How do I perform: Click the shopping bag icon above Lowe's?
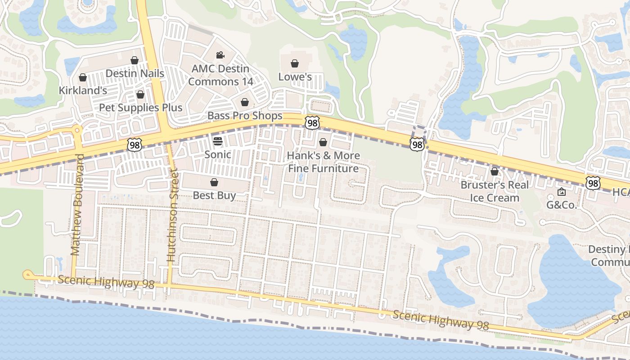[295, 63]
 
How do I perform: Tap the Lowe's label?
[295, 77]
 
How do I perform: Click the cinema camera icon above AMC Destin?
[220, 55]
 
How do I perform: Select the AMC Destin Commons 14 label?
[220, 75]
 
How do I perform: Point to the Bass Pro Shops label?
[245, 116]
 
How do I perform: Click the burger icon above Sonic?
[218, 141]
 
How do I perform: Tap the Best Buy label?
[214, 195]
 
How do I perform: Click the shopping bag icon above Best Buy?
[214, 182]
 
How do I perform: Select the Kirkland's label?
[83, 90]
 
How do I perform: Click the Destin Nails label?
[135, 73]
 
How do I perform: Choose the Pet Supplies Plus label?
[140, 108]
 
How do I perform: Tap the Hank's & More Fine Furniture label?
[323, 162]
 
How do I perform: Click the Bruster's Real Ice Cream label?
[495, 191]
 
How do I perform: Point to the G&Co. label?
[562, 205]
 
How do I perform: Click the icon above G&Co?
[562, 192]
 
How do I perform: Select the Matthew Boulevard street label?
[76, 205]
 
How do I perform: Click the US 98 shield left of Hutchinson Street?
[134, 144]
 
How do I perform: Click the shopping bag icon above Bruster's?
[495, 171]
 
